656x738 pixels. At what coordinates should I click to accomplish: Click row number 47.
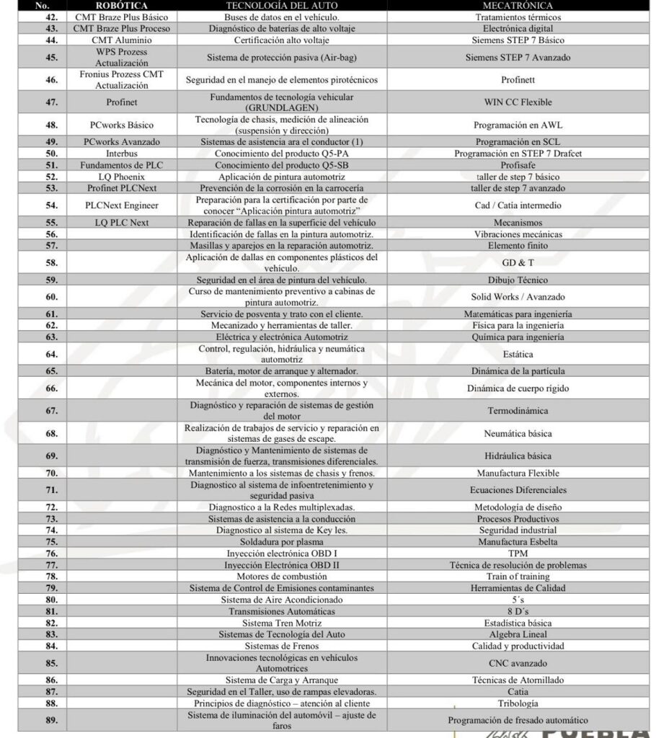51,102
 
